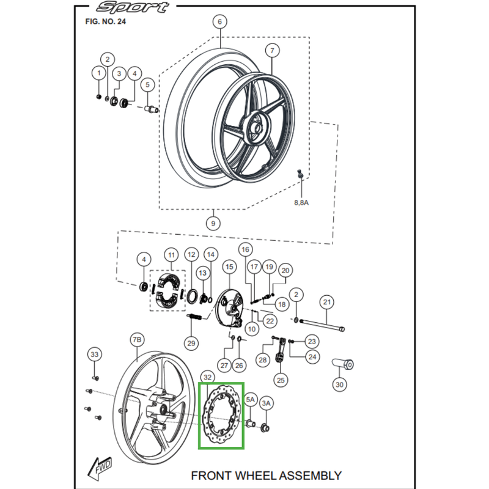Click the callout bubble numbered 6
[x=220, y=21]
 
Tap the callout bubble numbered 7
[x=272, y=50]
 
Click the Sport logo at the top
[x=133, y=7]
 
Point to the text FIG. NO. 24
[x=105, y=21]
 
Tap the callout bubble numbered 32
[x=207, y=377]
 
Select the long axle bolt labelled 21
[x=322, y=325]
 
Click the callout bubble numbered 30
[x=339, y=384]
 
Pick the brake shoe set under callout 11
[x=167, y=290]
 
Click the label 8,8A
[x=301, y=202]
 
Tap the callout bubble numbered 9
[x=213, y=223]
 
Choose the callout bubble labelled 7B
[x=137, y=340]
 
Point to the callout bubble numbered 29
[x=191, y=344]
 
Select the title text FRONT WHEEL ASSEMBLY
[x=267, y=476]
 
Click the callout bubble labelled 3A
[x=266, y=403]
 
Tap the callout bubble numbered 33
[x=95, y=355]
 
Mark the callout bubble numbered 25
[x=281, y=380]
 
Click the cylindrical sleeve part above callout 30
[x=342, y=364]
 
